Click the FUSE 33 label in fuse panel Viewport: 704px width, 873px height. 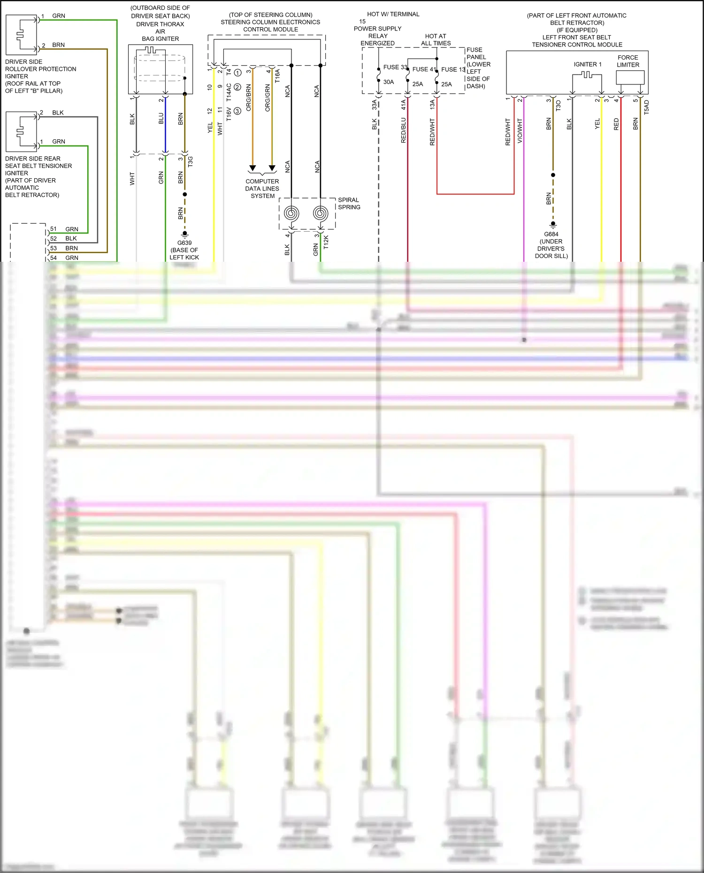[x=395, y=67]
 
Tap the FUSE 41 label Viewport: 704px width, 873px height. [x=424, y=69]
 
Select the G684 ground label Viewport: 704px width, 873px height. [x=551, y=234]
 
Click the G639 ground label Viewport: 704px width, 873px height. [x=184, y=243]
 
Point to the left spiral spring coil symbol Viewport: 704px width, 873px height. [x=291, y=214]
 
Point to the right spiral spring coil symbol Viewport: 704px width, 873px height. [x=321, y=214]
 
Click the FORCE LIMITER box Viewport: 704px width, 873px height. [x=630, y=77]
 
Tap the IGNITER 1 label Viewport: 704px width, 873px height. [x=587, y=64]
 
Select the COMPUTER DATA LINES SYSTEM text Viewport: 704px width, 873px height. [x=262, y=189]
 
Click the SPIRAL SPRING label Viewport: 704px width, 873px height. [x=349, y=203]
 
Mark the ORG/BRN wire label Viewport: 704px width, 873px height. [x=249, y=98]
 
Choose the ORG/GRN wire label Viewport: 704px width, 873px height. [x=268, y=98]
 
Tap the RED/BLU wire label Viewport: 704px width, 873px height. [x=403, y=130]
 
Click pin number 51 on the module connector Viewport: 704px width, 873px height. [x=54, y=229]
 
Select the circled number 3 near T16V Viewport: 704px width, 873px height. [x=237, y=111]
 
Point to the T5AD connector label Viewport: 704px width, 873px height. [x=646, y=107]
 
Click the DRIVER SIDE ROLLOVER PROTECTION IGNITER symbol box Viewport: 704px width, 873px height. [x=21, y=35]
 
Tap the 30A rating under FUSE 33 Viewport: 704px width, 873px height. [x=389, y=82]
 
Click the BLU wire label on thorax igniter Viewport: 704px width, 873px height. [x=161, y=118]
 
